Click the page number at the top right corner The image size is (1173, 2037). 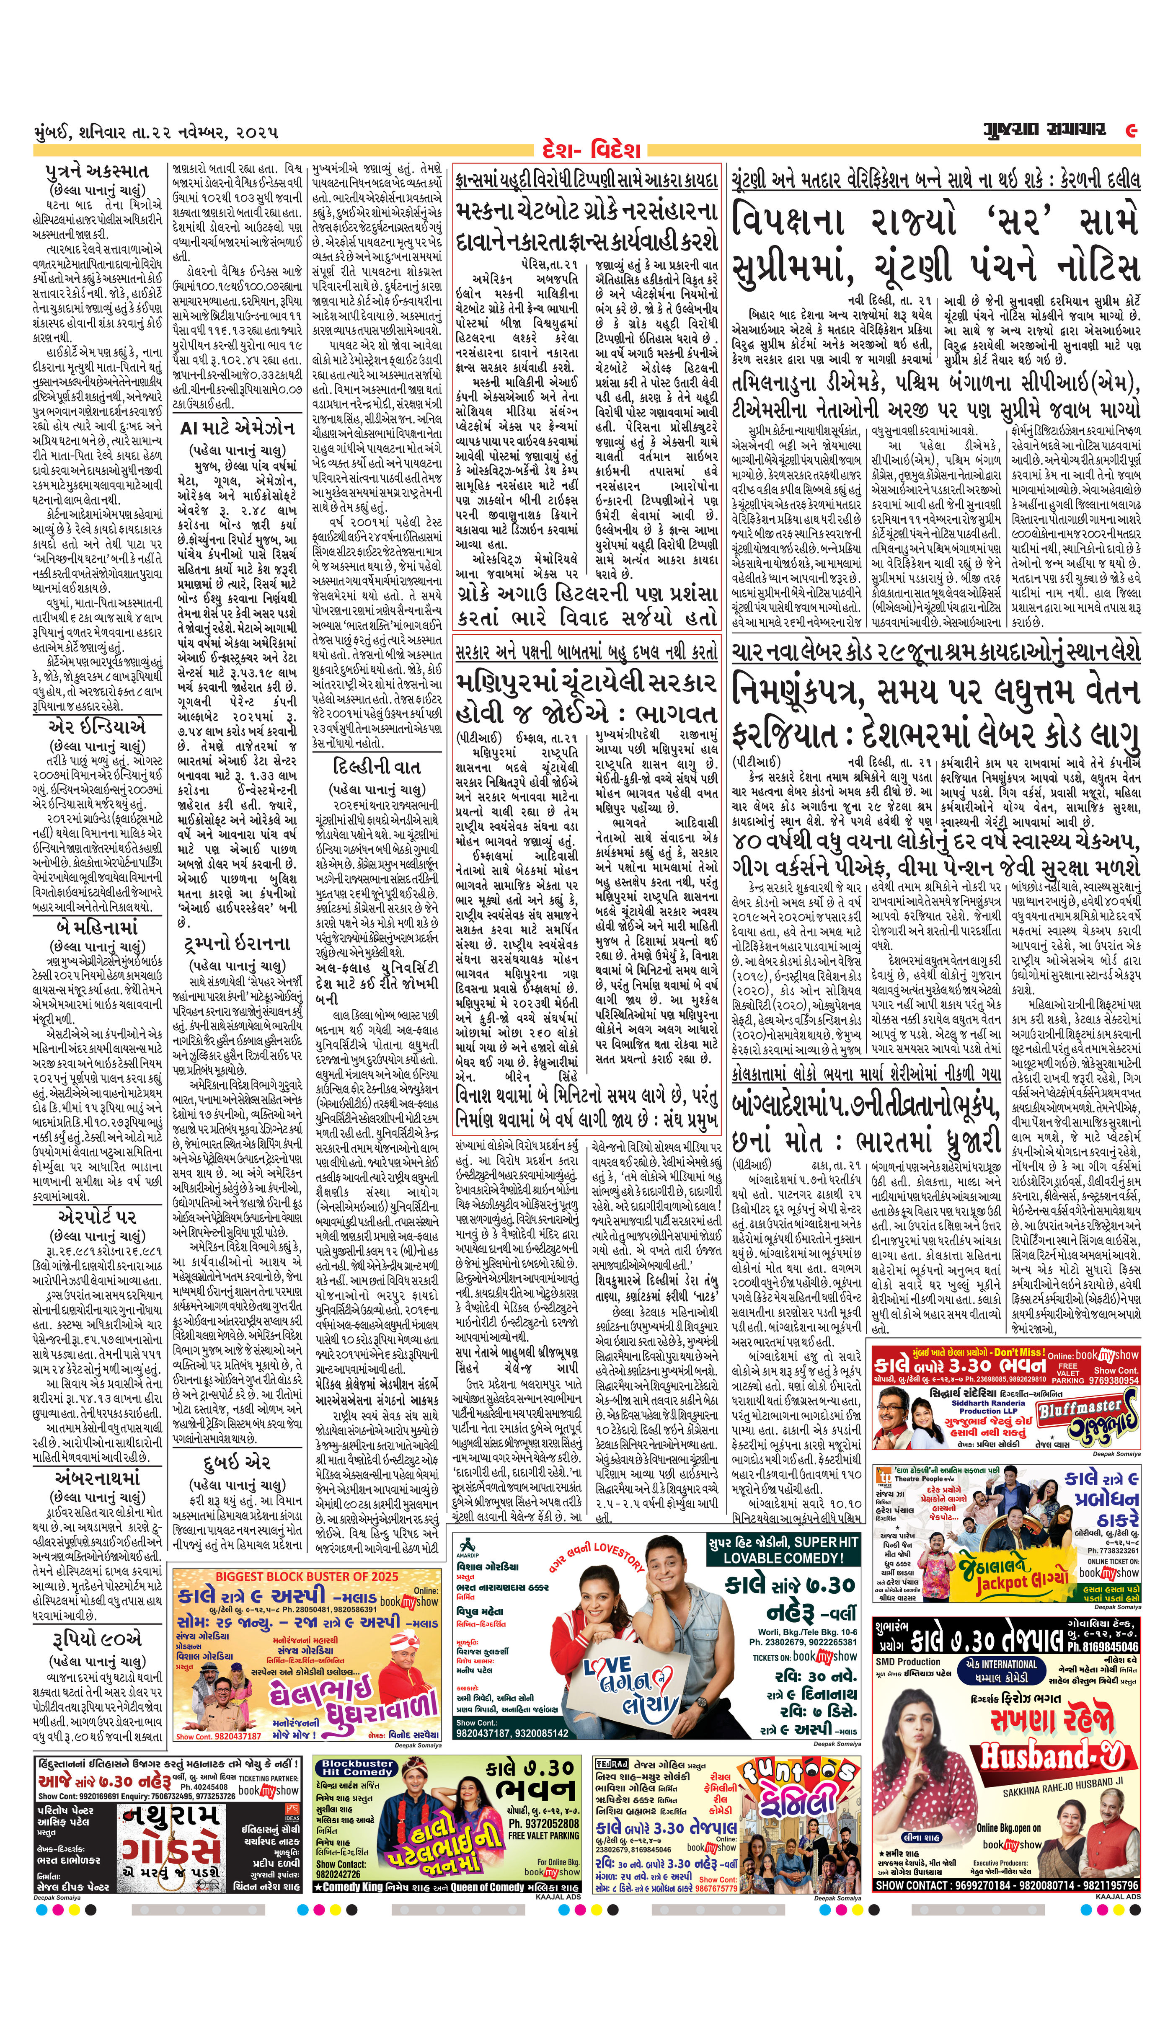(1131, 130)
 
